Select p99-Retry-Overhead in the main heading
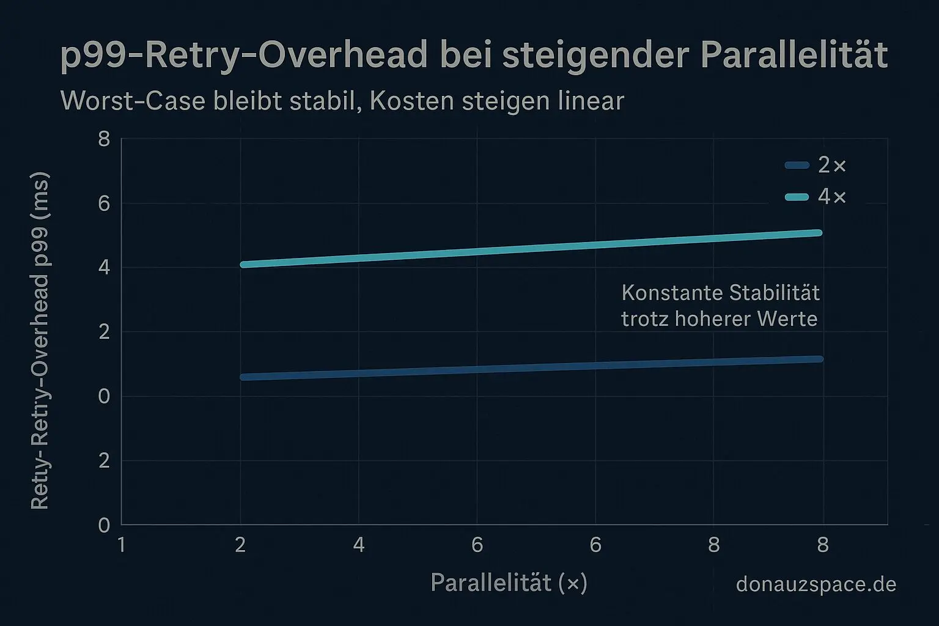pos(244,56)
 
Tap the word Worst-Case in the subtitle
pos(133,101)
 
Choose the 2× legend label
pos(831,165)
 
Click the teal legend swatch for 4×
pos(797,197)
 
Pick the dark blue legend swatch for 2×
pos(797,165)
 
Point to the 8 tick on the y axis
pos(104,139)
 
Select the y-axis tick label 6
pos(104,204)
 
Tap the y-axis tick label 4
pos(104,268)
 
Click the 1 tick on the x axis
pos(122,544)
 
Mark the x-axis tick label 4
pos(359,544)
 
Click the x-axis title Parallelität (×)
pos(509,583)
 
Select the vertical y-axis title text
pos(40,341)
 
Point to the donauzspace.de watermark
pos(816,584)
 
